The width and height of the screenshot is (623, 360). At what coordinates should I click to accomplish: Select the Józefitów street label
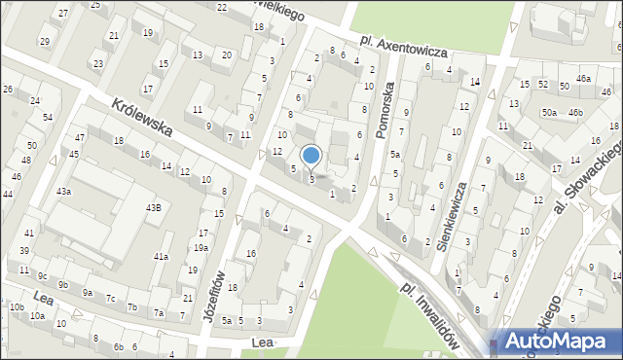point(216,294)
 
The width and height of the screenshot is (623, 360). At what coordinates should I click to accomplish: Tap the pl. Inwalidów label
point(429,314)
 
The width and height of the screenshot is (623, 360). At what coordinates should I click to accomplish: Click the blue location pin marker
point(311,156)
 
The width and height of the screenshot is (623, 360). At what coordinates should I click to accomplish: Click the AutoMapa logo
point(556,342)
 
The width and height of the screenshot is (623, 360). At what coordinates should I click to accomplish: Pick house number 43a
point(63,192)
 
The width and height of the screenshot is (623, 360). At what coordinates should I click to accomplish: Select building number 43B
point(154,207)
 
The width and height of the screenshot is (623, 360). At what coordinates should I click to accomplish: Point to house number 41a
point(161,257)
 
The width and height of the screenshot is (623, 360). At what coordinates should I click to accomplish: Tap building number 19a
point(200,248)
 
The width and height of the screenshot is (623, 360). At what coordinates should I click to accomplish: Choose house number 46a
point(583,78)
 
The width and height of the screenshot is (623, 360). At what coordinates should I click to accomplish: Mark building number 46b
point(576,113)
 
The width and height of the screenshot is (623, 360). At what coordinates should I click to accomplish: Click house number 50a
point(550,113)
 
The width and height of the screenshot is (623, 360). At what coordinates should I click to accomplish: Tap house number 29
point(44,41)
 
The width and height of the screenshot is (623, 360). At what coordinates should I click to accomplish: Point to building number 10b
point(17,306)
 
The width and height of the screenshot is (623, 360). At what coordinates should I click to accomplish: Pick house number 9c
point(42,275)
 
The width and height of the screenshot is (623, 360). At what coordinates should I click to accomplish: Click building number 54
point(47,117)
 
